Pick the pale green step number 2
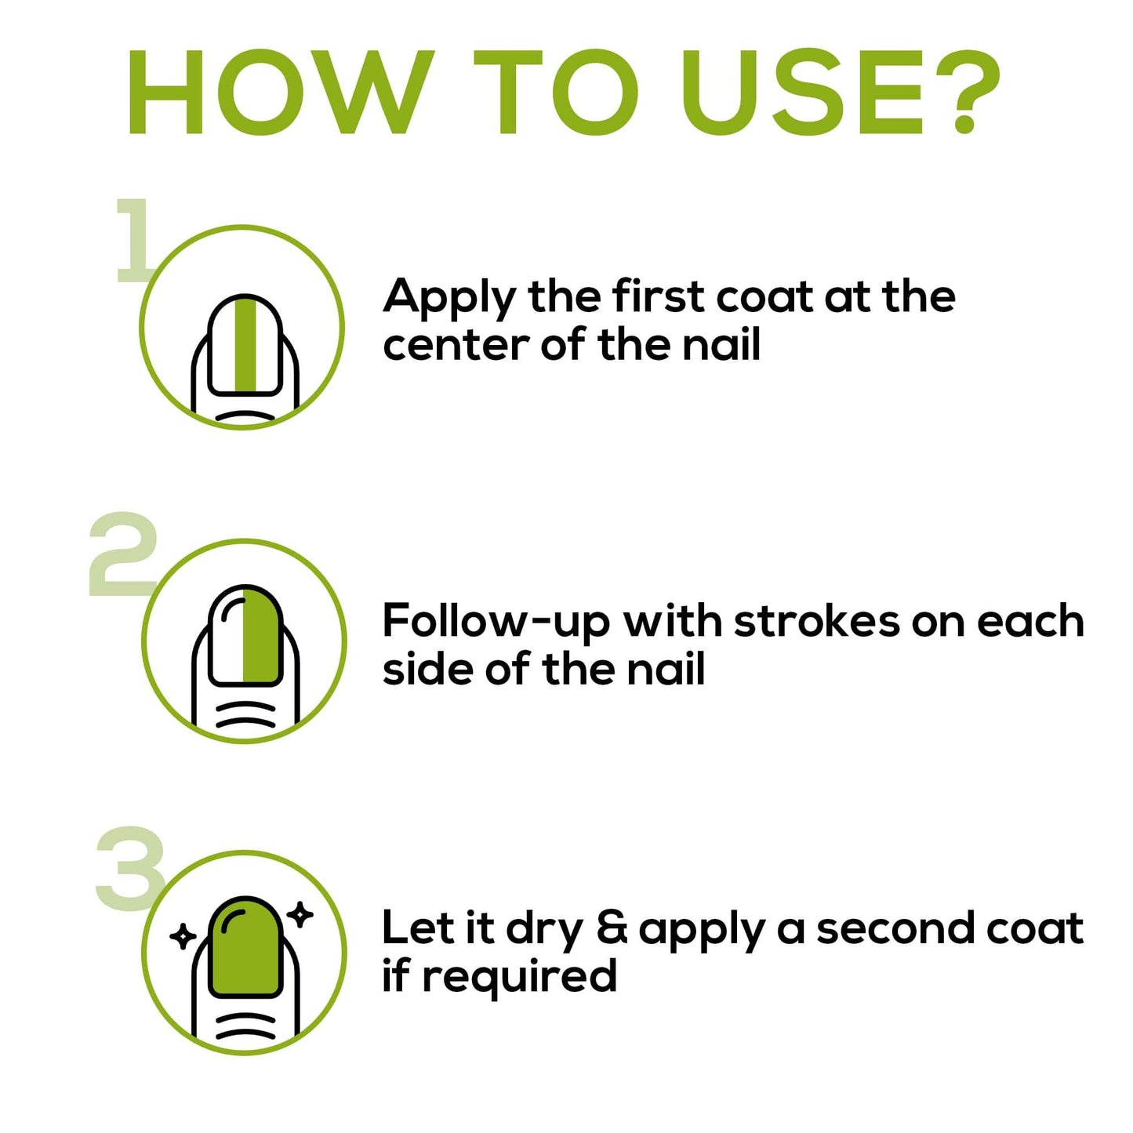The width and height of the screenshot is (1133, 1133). pyautogui.click(x=124, y=553)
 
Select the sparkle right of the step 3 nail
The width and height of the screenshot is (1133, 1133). pyautogui.click(x=301, y=913)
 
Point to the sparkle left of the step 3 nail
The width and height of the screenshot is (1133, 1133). pyautogui.click(x=182, y=935)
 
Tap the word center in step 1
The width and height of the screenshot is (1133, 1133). pyautogui.click(x=456, y=346)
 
